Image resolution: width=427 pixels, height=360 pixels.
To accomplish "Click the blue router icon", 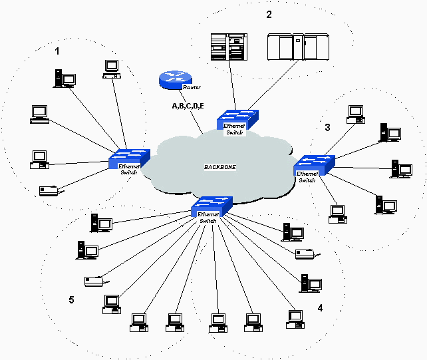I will [x=173, y=79].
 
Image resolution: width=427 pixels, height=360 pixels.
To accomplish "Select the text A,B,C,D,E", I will [x=188, y=106].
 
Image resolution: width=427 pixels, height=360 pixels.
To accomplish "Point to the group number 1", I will [x=57, y=50].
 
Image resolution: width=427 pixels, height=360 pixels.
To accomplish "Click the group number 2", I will [x=269, y=14].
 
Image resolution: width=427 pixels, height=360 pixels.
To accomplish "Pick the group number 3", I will [x=327, y=126].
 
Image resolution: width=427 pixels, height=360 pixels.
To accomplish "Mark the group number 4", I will [x=320, y=308].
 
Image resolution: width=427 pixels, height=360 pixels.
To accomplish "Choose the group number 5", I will [x=71, y=299].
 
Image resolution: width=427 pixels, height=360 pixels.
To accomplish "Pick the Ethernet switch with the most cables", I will [x=212, y=207].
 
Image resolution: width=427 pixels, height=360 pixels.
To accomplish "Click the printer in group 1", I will [x=51, y=190].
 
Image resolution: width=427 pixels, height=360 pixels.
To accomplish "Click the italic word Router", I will [x=192, y=87].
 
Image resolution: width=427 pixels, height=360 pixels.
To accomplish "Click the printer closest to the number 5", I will [x=92, y=280].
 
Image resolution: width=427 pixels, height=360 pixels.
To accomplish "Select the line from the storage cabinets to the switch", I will [x=269, y=86].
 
